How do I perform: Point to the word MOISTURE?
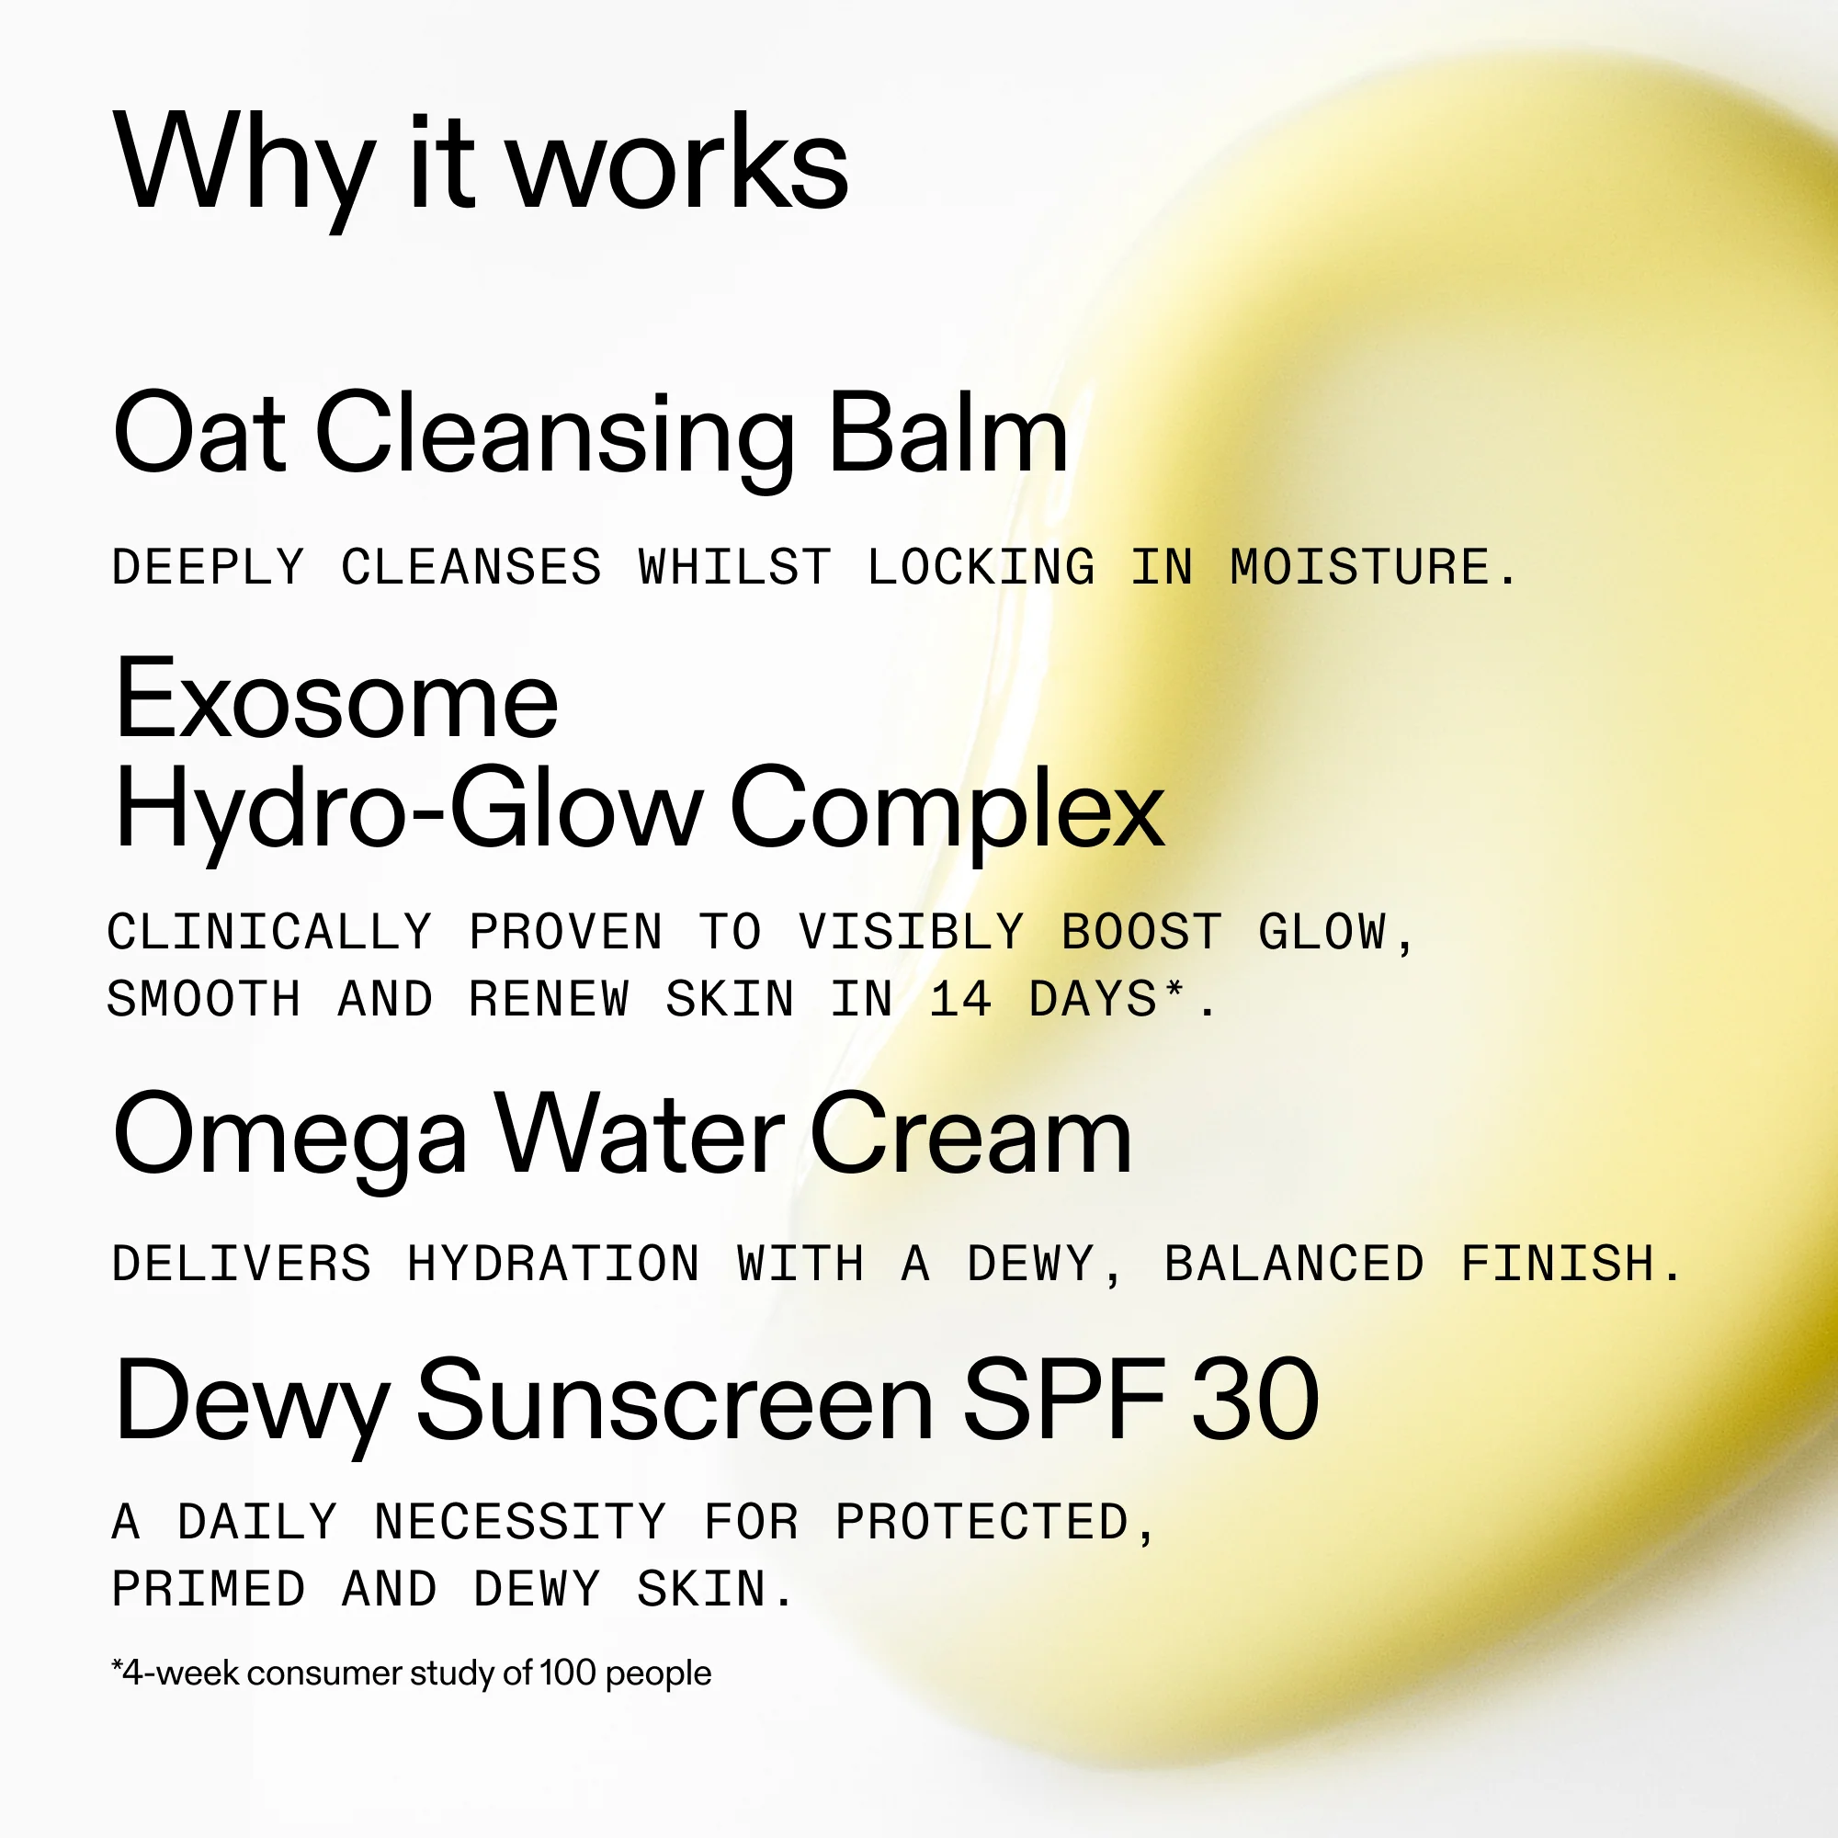coord(1373,567)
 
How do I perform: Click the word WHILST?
coord(734,567)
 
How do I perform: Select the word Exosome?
coord(335,699)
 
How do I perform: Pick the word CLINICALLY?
coord(270,931)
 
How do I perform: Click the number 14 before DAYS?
coord(961,1000)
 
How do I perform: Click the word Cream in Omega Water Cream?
coord(970,1134)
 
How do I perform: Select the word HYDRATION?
coord(552,1264)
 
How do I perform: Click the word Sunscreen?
coord(675,1401)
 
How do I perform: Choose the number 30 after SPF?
coord(1254,1401)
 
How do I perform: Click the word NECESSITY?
coord(520,1521)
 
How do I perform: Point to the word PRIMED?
coord(210,1589)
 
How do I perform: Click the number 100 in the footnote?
coord(568,1673)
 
